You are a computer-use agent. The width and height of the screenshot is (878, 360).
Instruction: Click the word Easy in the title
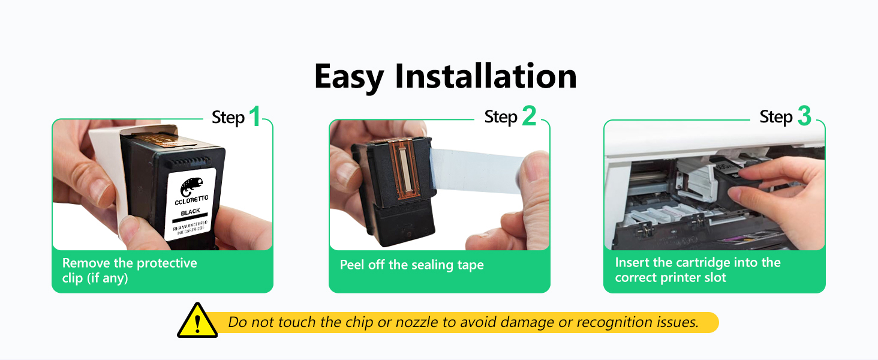click(349, 77)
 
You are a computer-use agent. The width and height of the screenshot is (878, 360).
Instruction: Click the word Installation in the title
click(486, 76)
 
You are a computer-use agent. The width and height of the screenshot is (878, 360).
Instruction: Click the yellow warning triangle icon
click(197, 320)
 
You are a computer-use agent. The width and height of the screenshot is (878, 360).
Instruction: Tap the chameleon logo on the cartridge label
click(192, 187)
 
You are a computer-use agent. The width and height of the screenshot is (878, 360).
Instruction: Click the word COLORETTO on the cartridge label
click(192, 200)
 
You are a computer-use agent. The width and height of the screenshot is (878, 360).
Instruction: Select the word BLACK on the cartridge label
click(191, 212)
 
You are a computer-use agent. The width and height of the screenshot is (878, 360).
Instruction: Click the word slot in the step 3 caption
click(715, 278)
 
